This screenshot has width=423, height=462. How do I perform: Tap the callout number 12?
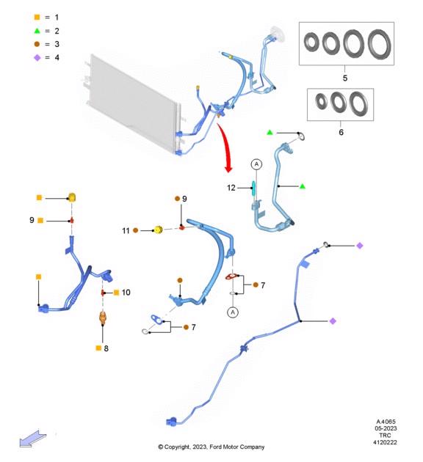point(231,188)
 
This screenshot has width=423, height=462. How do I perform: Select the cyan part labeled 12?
point(253,188)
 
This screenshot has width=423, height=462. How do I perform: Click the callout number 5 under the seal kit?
point(345,78)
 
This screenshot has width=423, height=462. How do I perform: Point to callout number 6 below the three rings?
point(341,132)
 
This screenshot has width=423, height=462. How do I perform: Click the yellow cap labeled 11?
point(159,230)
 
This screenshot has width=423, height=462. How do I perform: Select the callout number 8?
point(106,348)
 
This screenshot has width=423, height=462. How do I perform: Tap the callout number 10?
point(126,293)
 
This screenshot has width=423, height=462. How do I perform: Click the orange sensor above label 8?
point(103,318)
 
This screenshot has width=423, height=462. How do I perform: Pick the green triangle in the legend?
point(37,31)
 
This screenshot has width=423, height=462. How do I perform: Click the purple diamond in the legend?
point(37,57)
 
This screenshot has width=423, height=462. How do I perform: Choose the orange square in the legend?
point(37,18)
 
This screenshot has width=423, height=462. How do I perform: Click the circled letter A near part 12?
point(256,164)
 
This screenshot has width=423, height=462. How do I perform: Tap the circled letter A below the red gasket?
point(233,312)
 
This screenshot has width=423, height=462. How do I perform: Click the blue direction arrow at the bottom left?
point(33,438)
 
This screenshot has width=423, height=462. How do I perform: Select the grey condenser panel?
point(134,103)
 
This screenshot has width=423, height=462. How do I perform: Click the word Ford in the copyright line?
point(216,447)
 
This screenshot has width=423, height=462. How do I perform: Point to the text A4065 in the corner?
point(386,422)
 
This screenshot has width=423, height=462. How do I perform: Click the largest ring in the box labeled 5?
point(380,44)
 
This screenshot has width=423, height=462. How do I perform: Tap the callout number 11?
point(126,231)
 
